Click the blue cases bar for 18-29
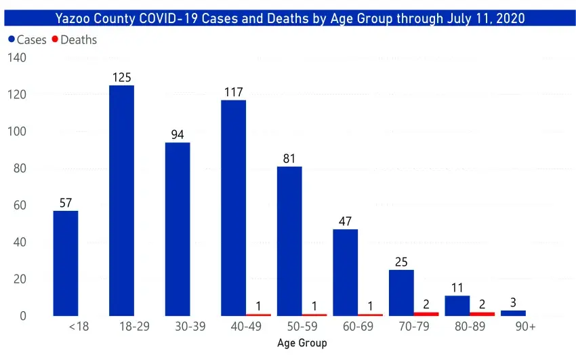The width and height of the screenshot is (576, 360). click(x=122, y=201)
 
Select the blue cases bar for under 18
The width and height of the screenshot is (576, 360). click(x=66, y=263)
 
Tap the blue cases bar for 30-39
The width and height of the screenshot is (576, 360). click(x=178, y=229)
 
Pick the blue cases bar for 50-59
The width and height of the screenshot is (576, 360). click(x=289, y=241)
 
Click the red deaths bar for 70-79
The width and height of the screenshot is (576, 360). click(x=426, y=314)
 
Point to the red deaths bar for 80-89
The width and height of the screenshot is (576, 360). click(x=482, y=314)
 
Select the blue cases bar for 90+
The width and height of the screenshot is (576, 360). click(x=513, y=313)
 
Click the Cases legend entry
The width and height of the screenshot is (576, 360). click(x=28, y=40)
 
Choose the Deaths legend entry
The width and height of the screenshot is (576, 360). click(x=75, y=40)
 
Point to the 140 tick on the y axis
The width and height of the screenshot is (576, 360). click(x=17, y=58)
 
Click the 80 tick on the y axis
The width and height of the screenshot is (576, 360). click(x=20, y=168)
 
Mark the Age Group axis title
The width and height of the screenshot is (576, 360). click(x=302, y=343)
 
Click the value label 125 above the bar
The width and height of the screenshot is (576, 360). click(x=122, y=77)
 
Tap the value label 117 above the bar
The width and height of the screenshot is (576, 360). click(x=234, y=92)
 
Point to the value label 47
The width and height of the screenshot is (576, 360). click(x=345, y=221)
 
